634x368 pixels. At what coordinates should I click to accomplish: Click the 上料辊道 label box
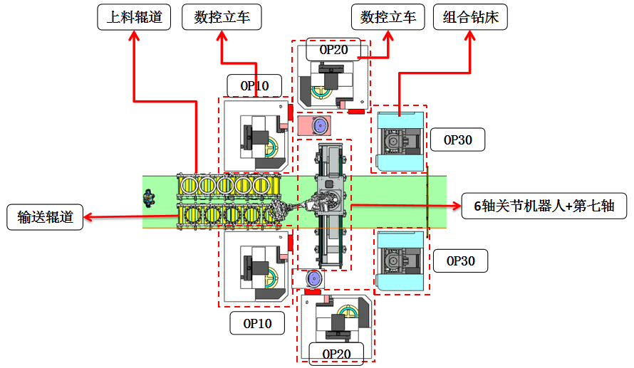click(134, 17)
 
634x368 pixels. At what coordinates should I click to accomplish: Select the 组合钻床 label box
click(470, 17)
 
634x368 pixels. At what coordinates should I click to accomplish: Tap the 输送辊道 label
click(45, 217)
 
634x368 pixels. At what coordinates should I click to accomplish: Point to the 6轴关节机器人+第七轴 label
click(544, 206)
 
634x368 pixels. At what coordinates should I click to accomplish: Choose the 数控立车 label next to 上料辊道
click(222, 17)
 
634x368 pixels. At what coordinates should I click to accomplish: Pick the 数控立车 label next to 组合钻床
click(388, 17)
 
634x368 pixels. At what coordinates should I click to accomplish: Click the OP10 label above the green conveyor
click(254, 86)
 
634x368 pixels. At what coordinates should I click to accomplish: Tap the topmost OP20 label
click(333, 50)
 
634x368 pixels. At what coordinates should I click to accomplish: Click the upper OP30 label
click(458, 140)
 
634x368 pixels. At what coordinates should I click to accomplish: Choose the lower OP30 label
click(460, 261)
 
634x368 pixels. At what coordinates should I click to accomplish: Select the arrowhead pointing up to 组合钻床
click(470, 37)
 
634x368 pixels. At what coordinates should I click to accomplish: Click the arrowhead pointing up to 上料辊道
click(134, 37)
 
